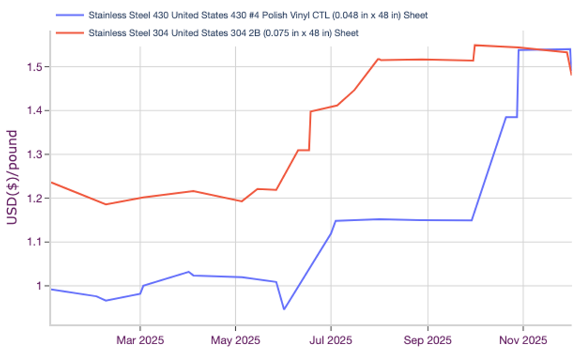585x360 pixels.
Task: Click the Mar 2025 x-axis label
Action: [139, 340]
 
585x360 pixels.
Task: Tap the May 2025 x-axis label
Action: [235, 340]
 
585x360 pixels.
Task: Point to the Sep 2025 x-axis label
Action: [427, 340]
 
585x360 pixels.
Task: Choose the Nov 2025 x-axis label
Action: [523, 340]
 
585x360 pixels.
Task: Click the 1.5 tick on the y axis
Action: [36, 67]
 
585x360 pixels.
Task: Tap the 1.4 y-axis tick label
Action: [36, 111]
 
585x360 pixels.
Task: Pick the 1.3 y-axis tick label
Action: [36, 155]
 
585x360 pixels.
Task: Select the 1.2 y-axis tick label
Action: [36, 198]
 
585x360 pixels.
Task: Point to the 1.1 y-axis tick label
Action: [36, 242]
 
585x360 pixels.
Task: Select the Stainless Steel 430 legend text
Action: [257, 15]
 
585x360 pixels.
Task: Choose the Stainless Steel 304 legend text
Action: [223, 33]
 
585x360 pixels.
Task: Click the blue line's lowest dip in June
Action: [284, 309]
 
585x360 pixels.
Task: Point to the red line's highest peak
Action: [475, 45]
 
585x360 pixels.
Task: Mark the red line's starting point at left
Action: [51, 182]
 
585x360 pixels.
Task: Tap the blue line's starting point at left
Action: [51, 289]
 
